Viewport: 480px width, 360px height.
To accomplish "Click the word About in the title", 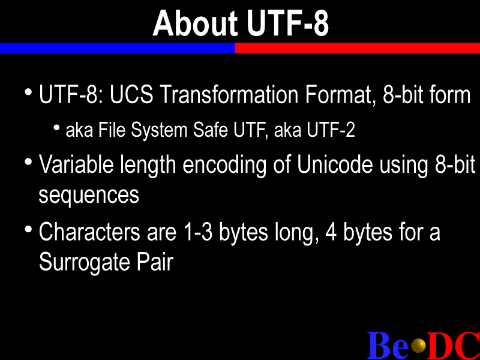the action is [195, 23].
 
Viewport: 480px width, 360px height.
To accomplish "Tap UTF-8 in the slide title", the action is [288, 23].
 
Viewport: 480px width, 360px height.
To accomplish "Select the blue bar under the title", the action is [117, 48].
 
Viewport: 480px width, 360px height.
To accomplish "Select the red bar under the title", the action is [357, 48].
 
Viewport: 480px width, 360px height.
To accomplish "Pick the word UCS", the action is [131, 94].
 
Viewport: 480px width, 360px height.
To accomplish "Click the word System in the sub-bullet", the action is [159, 130].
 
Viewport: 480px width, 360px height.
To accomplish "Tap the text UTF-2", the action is [331, 130].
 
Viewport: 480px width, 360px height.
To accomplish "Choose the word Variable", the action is [76, 164].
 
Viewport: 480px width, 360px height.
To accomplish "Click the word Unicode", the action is [335, 164].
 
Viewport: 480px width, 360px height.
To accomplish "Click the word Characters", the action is [89, 232].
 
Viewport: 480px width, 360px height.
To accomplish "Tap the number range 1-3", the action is [198, 232].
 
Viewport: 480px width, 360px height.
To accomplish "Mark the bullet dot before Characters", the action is [28, 229].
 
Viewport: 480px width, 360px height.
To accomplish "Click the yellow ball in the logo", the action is [418, 346].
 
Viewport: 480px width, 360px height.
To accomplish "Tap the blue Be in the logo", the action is [388, 346].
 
